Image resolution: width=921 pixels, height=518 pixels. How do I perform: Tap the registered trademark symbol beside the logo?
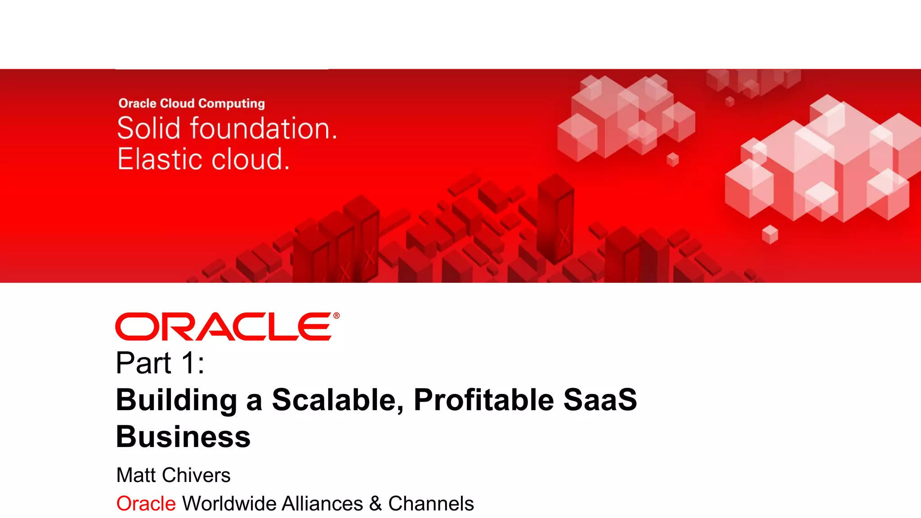click(x=336, y=316)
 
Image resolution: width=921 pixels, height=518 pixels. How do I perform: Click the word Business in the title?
click(x=183, y=437)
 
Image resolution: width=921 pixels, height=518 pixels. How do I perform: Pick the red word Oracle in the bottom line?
click(x=146, y=504)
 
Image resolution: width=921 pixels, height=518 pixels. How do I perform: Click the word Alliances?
click(x=322, y=504)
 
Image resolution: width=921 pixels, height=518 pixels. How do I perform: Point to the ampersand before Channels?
click(x=376, y=504)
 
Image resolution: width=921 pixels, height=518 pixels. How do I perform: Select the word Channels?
click(x=431, y=504)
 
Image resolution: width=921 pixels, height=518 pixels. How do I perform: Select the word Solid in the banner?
click(x=148, y=129)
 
